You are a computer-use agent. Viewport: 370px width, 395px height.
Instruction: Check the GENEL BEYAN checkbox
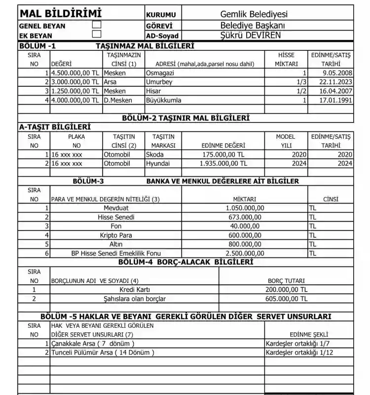coord(97,24)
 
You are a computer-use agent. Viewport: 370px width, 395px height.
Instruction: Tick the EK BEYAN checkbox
coord(97,34)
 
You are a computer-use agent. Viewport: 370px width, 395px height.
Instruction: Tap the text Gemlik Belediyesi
coord(254,15)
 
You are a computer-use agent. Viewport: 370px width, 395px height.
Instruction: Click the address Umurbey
coord(159,82)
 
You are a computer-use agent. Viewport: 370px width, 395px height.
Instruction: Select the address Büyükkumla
coord(164,100)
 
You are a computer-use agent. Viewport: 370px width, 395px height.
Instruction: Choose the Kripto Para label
coord(116,235)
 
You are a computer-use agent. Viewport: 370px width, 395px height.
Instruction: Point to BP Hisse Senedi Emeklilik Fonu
coord(116,253)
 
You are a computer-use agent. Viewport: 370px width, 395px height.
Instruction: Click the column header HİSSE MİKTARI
coord(286,59)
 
